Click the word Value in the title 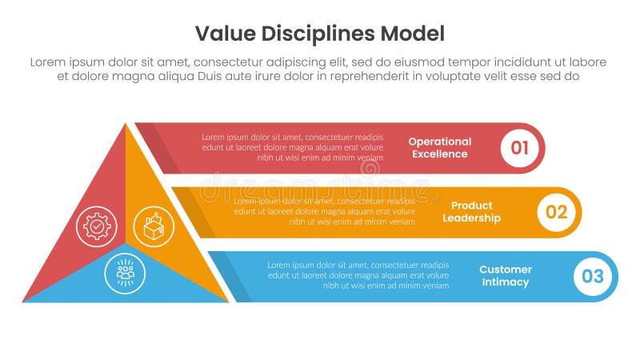(222, 34)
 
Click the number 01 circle (519, 147)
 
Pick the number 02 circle (556, 212)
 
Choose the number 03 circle (593, 277)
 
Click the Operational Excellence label (439, 147)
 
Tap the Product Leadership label (471, 212)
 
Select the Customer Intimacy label (505, 276)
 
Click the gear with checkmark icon (97, 226)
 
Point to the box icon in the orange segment (153, 226)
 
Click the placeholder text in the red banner (292, 147)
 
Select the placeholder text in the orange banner (324, 211)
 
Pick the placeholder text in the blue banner (358, 275)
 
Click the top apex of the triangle (126, 124)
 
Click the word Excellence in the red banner (439, 154)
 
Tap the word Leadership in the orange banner (471, 218)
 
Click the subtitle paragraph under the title (318, 69)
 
